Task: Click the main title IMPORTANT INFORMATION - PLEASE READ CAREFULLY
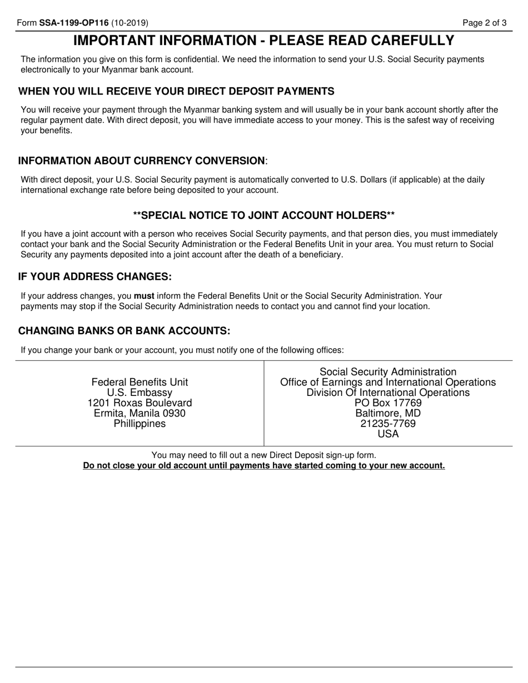click(263, 41)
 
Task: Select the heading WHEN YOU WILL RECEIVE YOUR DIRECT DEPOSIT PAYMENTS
click(176, 92)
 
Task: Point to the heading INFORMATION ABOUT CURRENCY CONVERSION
click(142, 161)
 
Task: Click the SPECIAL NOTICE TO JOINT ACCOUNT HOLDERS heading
click(263, 215)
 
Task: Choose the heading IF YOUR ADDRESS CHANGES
click(95, 277)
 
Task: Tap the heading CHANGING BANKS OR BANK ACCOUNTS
click(124, 331)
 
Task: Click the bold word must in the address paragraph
click(144, 296)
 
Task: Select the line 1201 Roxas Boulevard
click(140, 403)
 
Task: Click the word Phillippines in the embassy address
click(140, 424)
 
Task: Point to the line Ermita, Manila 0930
click(140, 414)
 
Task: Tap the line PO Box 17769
click(388, 403)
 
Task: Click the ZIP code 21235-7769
click(388, 424)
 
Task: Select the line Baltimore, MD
click(388, 414)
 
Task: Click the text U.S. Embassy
click(140, 393)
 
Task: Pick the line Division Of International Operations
click(388, 393)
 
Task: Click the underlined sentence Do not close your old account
click(263, 466)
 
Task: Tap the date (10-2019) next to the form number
click(129, 23)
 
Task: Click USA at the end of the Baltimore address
click(388, 434)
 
